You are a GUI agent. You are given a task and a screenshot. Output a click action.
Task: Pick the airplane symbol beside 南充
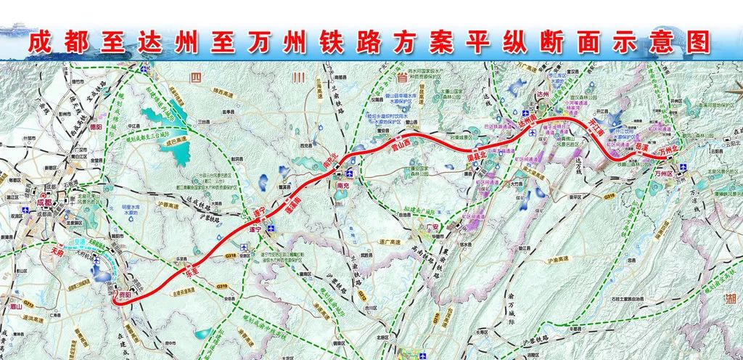coord(351,173)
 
